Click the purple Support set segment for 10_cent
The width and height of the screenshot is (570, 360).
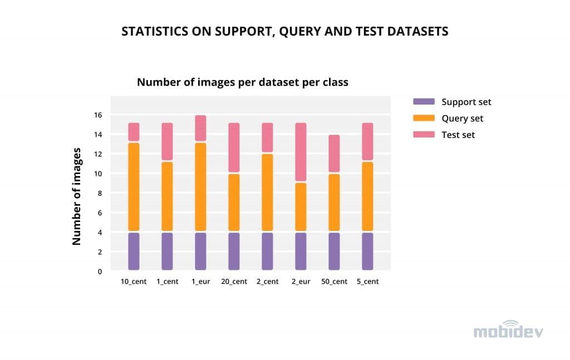point(134,251)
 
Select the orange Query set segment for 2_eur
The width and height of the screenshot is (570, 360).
point(301,206)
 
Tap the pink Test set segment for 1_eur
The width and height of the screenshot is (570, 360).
point(200,128)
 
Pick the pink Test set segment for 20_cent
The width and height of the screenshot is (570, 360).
point(234,147)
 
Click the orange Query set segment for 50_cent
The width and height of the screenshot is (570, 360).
point(334,202)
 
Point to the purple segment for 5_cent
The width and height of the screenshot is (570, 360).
point(367,251)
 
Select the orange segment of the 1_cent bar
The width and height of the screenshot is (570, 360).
point(167,196)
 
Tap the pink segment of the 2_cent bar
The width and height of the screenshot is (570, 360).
point(267,137)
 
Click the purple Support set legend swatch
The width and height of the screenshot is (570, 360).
point(424,102)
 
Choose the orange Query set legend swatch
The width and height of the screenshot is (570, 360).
point(424,118)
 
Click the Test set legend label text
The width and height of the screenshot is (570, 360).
point(458,135)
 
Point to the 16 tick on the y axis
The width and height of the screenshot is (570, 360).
point(98,115)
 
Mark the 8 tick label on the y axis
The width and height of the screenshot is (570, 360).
point(100,193)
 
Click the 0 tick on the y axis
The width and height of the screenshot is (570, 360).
point(100,272)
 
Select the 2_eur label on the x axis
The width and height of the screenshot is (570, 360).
point(301,282)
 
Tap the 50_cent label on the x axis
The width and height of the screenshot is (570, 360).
point(334,282)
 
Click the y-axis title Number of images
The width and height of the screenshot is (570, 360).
point(77,196)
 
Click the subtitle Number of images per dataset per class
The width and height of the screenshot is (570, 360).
point(242,82)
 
